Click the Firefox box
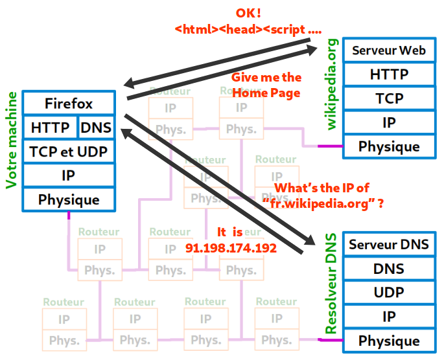[x=69, y=104]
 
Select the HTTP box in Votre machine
[x=50, y=128]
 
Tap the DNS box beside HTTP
[x=96, y=128]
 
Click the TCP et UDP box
[x=69, y=152]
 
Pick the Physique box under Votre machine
[x=69, y=199]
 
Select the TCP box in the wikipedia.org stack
[x=389, y=98]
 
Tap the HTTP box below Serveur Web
[x=389, y=74]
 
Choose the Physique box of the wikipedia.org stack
[x=389, y=146]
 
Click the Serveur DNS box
[x=389, y=245]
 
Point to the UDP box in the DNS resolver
[x=389, y=293]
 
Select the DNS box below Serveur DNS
[x=389, y=269]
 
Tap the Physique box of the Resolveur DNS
[x=389, y=341]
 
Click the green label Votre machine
[x=11, y=140]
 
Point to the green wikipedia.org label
[x=332, y=84]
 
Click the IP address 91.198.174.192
[x=231, y=248]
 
